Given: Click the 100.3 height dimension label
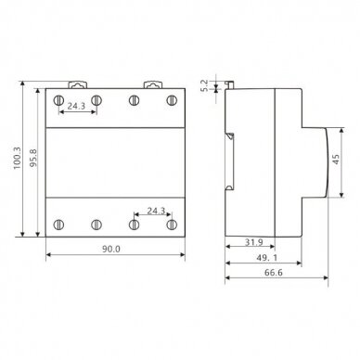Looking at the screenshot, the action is point(17,158).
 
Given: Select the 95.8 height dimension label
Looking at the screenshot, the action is point(33,158).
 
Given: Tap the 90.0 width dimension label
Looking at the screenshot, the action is point(111,249).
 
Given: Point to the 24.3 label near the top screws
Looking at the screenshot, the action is point(76,106).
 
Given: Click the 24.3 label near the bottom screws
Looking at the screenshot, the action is point(156,211).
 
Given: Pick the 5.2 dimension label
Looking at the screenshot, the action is point(205,85).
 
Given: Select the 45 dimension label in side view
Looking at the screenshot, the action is point(336,160).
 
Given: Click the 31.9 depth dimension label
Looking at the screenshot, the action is point(254,242).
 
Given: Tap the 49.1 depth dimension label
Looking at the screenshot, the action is point(267,258).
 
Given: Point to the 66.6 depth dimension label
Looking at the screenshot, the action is point(274,273).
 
